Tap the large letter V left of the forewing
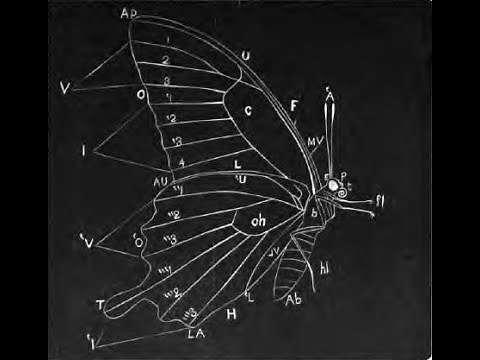[65, 89]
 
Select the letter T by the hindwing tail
[101, 302]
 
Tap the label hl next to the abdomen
[327, 267]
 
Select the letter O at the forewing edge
[141, 95]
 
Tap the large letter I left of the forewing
[82, 149]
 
